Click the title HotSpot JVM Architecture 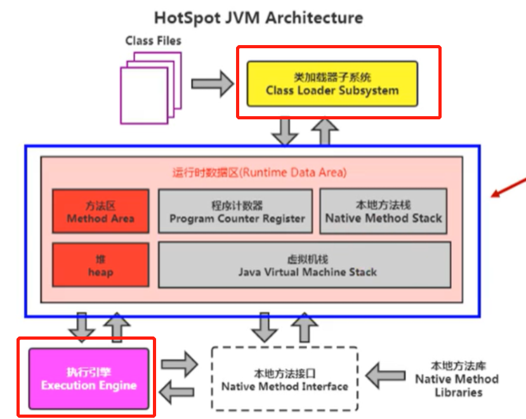tap(258, 18)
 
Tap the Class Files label tap(154, 41)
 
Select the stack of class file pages tap(151, 88)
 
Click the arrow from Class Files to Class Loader tap(213, 84)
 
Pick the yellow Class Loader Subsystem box tap(332, 84)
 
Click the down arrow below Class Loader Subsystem tap(285, 131)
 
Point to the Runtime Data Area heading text tap(260, 173)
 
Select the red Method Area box tap(101, 211)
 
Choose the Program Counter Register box tap(235, 211)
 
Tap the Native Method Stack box tap(383, 211)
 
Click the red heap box tap(101, 265)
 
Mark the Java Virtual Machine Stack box tap(305, 265)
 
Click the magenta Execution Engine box tap(89, 379)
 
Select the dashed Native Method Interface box tap(285, 379)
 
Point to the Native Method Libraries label tap(457, 379)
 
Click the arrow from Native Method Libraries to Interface tap(385, 375)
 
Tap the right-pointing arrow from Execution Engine tap(180, 364)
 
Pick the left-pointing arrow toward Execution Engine tap(176, 392)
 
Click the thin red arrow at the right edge tap(508, 188)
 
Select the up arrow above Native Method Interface tap(305, 328)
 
